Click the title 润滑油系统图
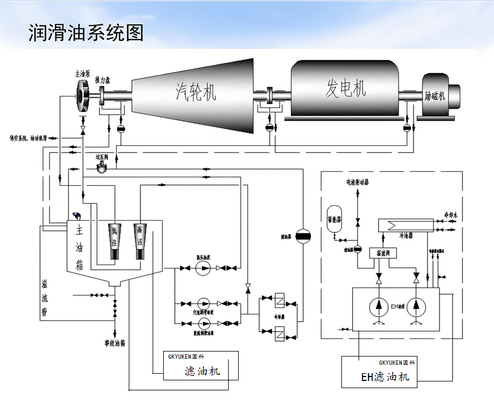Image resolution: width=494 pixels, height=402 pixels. tap(86, 33)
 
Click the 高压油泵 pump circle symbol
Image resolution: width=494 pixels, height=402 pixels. tap(204, 268)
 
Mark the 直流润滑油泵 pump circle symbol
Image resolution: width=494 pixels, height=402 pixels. tap(204, 323)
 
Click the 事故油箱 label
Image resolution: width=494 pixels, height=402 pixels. tap(115, 343)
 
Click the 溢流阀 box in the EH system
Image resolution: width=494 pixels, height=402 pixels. tap(380, 253)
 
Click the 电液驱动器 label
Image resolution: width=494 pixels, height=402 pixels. tap(358, 181)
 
